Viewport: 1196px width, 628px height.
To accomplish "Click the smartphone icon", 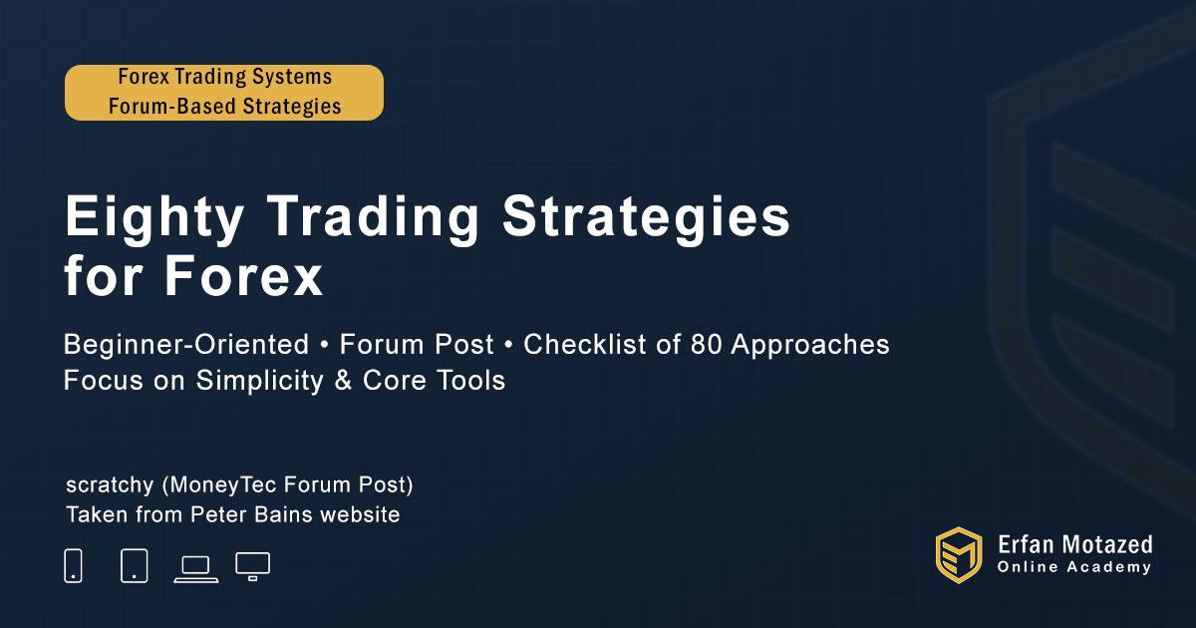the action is [x=73, y=565].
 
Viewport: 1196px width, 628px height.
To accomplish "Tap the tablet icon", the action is [x=135, y=565].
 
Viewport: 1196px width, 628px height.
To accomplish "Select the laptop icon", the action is [x=196, y=569].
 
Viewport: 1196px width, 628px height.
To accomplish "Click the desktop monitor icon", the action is [x=252, y=566].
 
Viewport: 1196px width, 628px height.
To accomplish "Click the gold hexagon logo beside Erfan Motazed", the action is [x=959, y=555].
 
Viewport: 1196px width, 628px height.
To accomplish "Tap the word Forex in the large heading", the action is [x=243, y=277].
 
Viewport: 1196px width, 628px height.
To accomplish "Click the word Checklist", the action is [x=585, y=345].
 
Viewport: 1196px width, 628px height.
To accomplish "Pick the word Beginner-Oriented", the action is [x=186, y=345].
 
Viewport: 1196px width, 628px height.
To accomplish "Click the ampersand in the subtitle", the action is [x=343, y=380].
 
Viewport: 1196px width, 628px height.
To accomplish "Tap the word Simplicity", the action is [x=259, y=381].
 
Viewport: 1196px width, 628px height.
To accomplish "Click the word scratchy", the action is [x=110, y=485].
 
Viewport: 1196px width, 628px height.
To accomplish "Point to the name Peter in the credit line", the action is [x=218, y=514].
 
